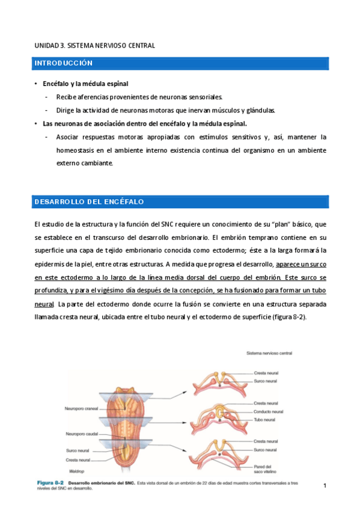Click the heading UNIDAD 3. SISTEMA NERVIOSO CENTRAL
click(x=94, y=45)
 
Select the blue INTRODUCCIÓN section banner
click(x=181, y=63)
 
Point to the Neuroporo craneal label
click(x=81, y=408)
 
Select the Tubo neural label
click(x=264, y=419)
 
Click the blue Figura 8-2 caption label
click(x=51, y=483)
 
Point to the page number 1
click(x=325, y=485)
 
